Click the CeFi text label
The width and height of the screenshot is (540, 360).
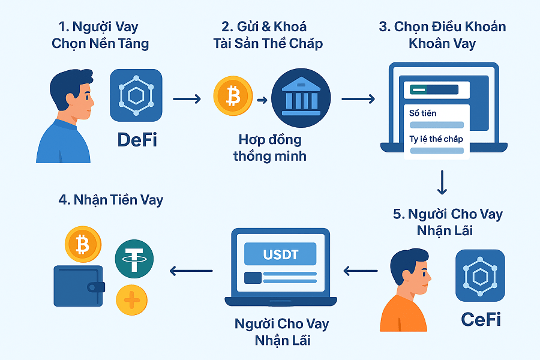point(481,319)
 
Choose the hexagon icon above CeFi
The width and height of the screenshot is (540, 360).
point(480,275)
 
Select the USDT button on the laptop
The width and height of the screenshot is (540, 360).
point(280,254)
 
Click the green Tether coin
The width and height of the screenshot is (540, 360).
point(134,259)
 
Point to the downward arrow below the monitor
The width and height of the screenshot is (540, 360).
point(442,182)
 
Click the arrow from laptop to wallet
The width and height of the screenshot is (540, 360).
point(191,271)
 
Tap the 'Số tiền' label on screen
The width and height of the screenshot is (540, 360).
point(423,113)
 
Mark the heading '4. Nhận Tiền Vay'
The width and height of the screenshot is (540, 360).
point(111,200)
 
